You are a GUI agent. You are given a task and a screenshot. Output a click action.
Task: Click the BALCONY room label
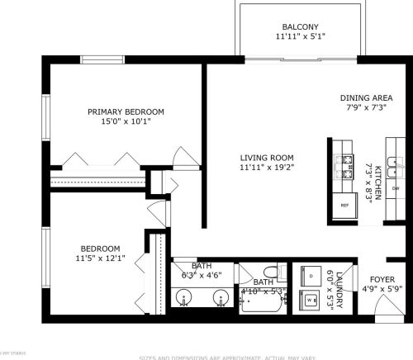pos(300,26)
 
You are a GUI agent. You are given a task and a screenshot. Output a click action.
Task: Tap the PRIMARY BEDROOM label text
pos(126,111)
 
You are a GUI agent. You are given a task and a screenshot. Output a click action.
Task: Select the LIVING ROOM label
pos(267,158)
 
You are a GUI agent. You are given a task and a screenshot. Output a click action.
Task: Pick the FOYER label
pos(382,279)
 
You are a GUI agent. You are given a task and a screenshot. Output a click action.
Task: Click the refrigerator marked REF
pos(344,205)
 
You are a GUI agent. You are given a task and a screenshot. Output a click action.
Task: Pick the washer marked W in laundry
pos(311,301)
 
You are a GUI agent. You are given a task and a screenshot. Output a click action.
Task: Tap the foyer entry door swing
pos(382,310)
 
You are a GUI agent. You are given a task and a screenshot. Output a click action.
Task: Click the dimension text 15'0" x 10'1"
pos(126,122)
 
